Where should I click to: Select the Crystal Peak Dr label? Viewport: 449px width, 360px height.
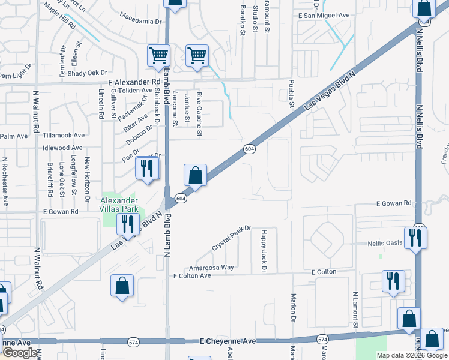(230, 238)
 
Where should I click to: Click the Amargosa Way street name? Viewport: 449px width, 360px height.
(194, 268)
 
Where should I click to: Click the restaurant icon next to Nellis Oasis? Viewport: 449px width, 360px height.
(415, 237)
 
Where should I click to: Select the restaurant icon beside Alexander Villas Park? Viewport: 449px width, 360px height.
(127, 224)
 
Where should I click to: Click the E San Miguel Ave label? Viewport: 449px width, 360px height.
(324, 16)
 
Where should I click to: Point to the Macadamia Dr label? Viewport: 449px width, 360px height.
(142, 21)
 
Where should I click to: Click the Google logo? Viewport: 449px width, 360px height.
(19, 353)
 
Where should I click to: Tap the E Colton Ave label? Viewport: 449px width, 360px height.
(192, 276)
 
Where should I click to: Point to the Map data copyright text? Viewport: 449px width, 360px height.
(412, 355)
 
